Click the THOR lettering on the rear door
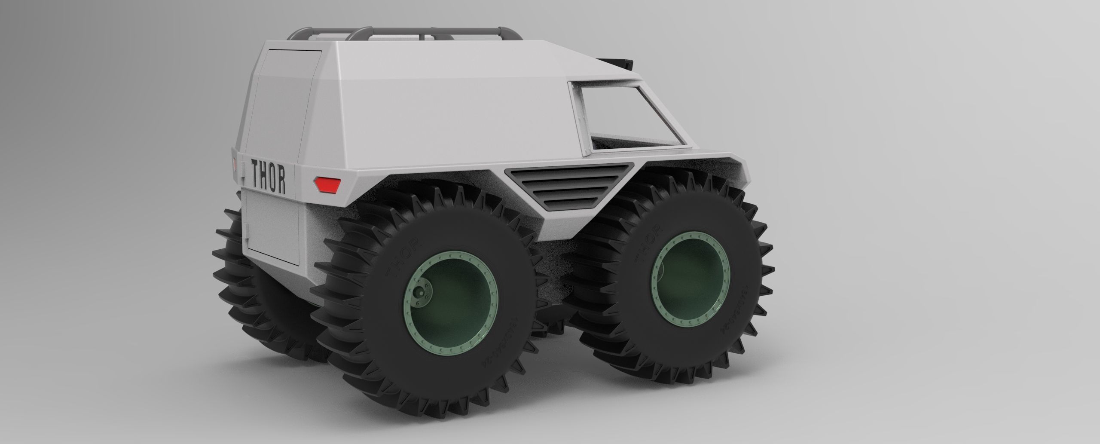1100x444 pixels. [268, 172]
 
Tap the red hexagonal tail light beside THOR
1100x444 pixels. [327, 185]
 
